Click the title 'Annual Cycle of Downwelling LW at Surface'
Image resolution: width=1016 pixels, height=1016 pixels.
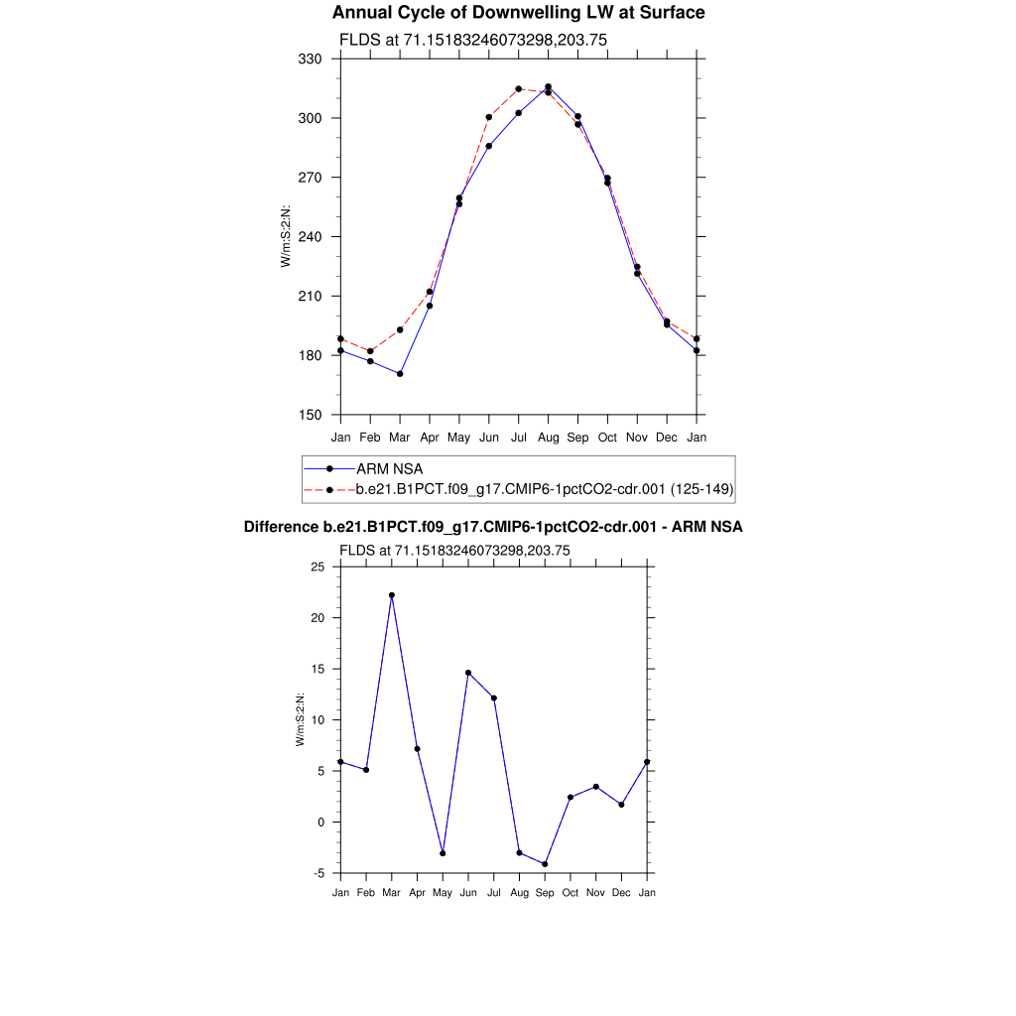tap(518, 13)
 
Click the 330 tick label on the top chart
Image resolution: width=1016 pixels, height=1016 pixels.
tap(311, 60)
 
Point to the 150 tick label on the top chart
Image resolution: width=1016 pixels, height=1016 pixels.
tap(311, 415)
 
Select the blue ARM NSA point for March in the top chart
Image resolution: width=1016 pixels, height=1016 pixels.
tap(400, 374)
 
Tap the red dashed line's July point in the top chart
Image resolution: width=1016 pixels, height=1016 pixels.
tap(518, 88)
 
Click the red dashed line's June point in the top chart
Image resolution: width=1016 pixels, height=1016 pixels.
tap(489, 117)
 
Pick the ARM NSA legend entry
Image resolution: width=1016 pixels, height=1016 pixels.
tap(390, 468)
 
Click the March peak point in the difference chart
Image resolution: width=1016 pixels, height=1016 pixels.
tap(392, 595)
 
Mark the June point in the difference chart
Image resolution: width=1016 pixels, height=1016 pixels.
tap(468, 673)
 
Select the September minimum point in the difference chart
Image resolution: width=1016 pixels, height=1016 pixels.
tap(545, 864)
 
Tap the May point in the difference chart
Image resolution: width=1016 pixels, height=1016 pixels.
tap(443, 853)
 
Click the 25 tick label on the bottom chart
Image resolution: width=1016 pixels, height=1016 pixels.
tap(317, 567)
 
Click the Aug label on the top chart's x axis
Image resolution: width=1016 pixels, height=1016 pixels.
tap(548, 438)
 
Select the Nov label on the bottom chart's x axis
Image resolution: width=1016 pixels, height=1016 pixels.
tap(596, 893)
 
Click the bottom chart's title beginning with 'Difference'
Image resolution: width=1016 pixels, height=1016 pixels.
tap(493, 527)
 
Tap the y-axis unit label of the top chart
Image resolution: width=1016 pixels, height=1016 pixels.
tap(286, 236)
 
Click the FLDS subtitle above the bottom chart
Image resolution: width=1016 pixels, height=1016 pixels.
tap(454, 550)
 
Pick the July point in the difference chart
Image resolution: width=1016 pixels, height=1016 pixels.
tap(493, 698)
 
